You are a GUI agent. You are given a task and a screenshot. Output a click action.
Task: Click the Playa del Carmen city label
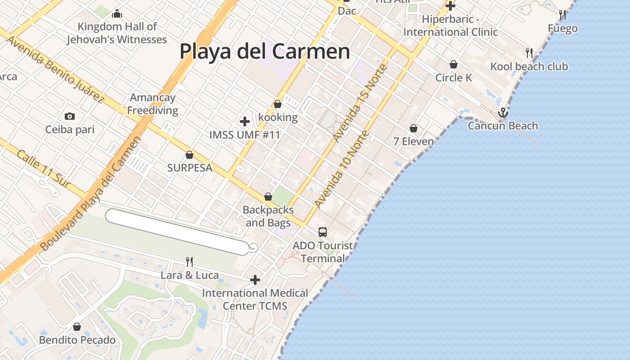[265, 52]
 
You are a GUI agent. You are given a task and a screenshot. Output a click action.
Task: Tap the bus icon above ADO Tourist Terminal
[323, 232]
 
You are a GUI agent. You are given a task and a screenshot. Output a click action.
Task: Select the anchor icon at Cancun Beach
[503, 112]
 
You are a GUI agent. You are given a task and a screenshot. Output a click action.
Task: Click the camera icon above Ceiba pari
[70, 117]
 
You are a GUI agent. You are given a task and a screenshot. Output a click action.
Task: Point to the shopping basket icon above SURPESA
[189, 155]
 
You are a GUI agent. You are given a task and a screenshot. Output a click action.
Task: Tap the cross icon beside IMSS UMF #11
[245, 121]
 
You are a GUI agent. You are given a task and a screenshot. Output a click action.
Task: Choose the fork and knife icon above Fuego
[562, 15]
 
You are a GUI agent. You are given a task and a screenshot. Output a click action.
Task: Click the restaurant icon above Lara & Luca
[189, 261]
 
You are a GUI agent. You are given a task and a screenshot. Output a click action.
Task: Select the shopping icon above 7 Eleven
[414, 129]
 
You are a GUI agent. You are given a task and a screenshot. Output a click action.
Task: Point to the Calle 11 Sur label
[44, 169]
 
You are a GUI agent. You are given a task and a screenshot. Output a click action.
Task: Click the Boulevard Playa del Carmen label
[90, 194]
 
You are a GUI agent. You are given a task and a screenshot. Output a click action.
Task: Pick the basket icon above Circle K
[454, 65]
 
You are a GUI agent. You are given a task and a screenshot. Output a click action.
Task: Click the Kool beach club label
[529, 67]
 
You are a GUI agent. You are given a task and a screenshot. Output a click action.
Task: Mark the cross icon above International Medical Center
[255, 280]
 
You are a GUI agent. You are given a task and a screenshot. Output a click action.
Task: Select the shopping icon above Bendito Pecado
[77, 327]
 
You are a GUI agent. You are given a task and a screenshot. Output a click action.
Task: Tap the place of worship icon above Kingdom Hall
[117, 13]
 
